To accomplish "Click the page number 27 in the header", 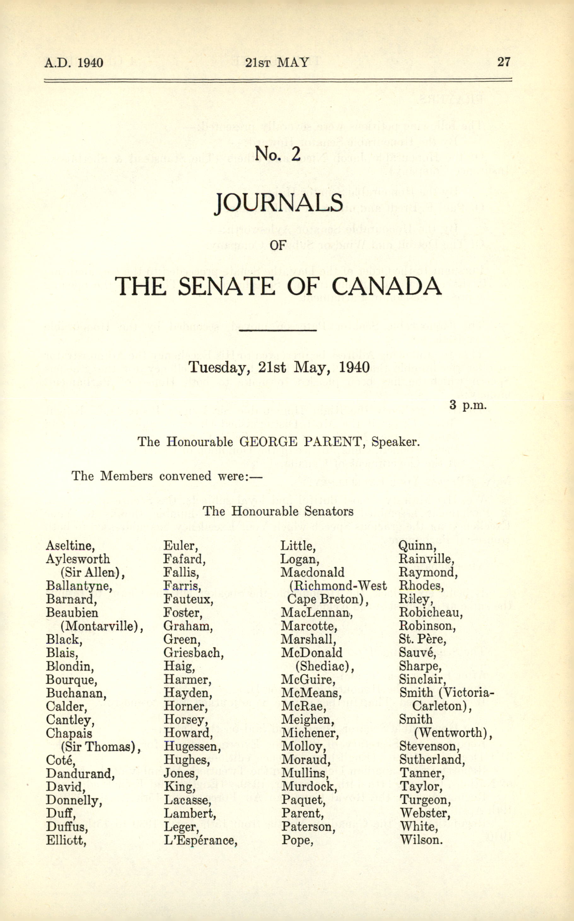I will [504, 62].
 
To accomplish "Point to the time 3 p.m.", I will [467, 405].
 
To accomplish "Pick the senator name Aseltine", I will [70, 546].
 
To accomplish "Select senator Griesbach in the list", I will [194, 653].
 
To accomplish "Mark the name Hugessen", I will [192, 746].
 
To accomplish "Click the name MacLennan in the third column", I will [316, 613].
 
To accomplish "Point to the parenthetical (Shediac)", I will [325, 666].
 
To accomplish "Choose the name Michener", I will [310, 733].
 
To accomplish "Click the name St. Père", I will [422, 639].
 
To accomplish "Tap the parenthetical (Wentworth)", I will [453, 733].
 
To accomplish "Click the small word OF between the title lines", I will [277, 245].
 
